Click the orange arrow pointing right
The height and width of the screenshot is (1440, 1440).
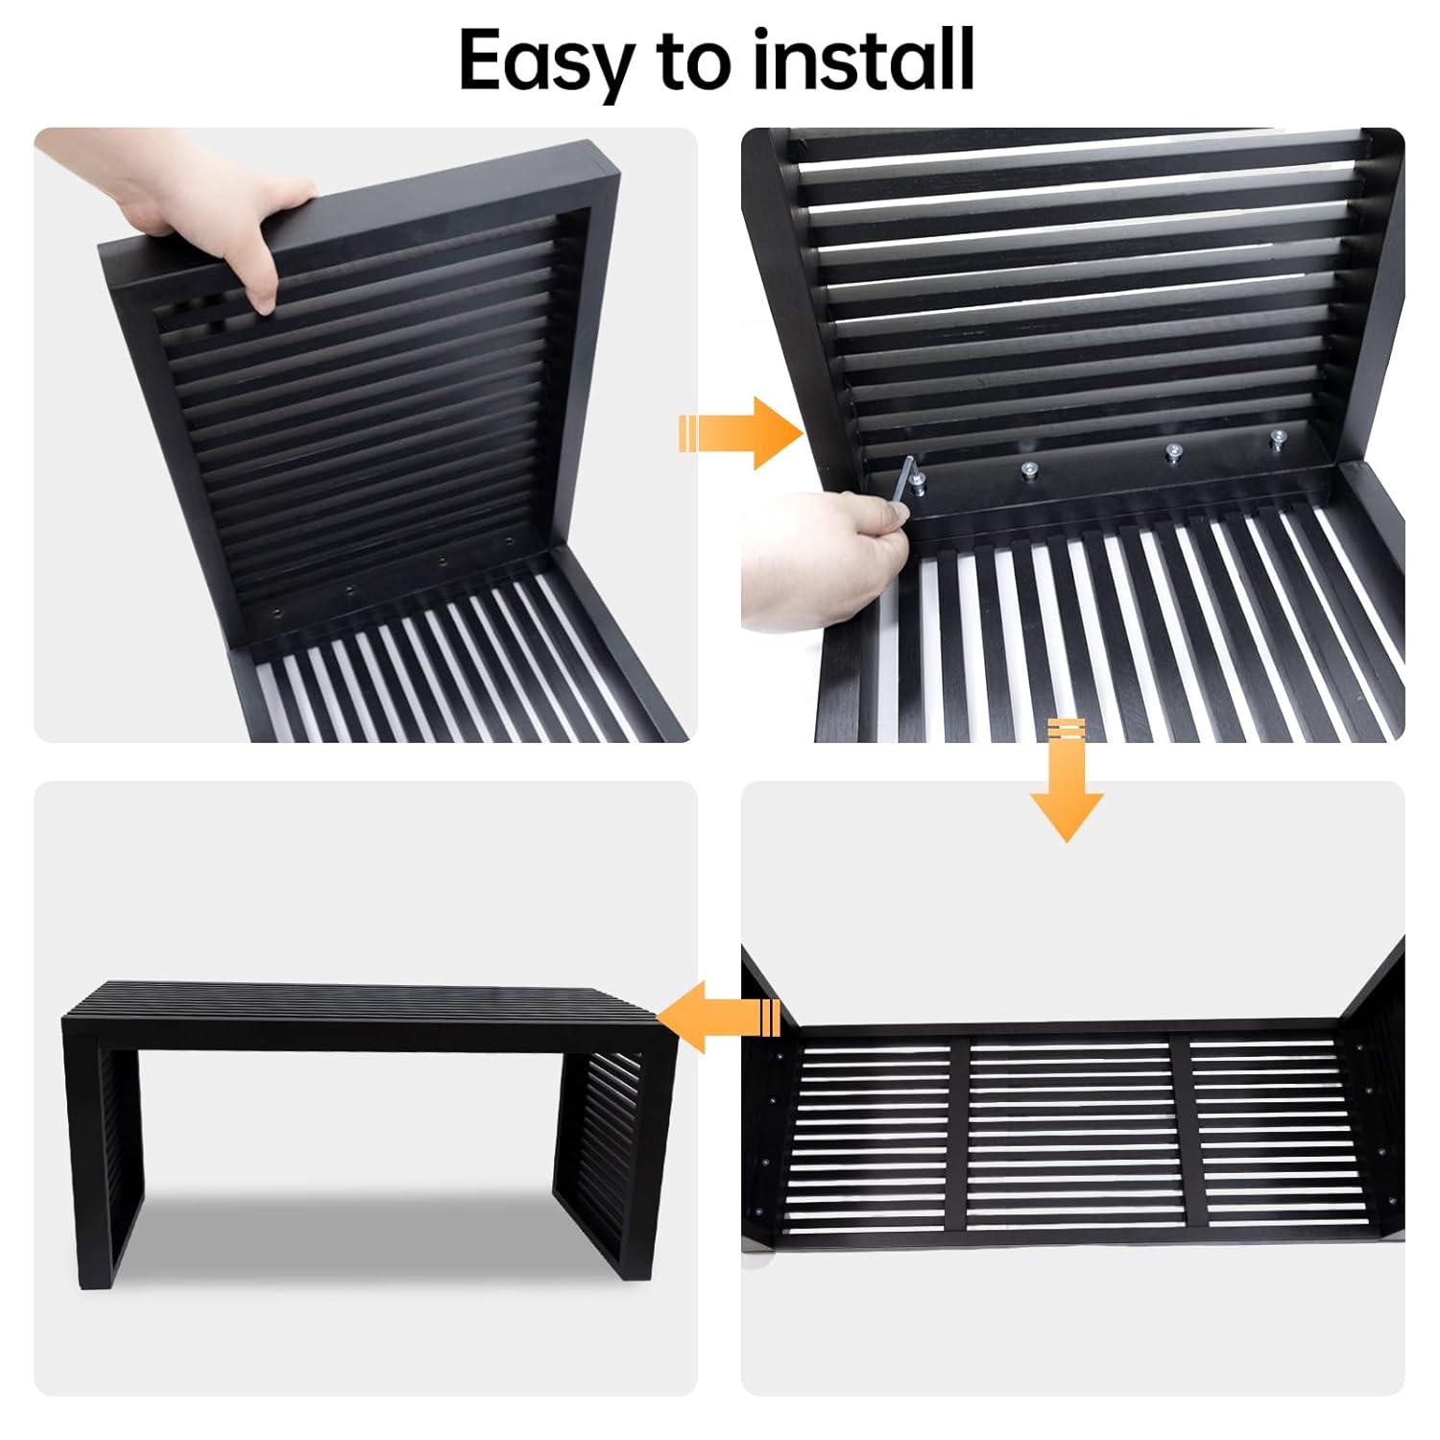click(x=740, y=433)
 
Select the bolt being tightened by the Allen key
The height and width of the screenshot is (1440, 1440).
click(x=920, y=483)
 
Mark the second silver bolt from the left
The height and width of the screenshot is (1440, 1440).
click(x=1029, y=470)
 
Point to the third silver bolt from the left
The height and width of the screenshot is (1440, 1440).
click(x=1171, y=451)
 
